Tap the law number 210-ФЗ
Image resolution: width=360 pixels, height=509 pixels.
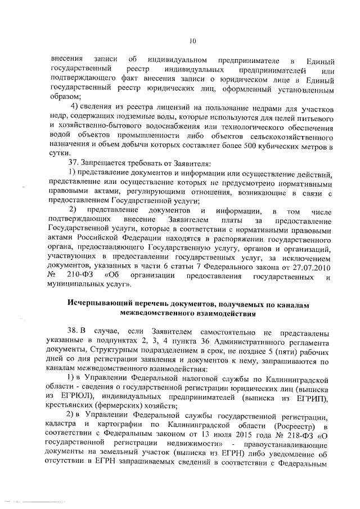click(x=80, y=276)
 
